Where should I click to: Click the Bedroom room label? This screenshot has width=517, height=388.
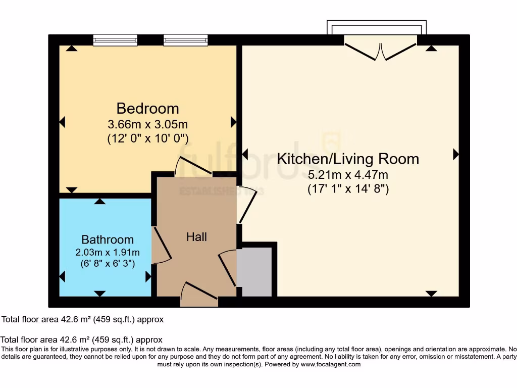pyautogui.click(x=147, y=108)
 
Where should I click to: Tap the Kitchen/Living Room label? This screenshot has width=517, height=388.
pyautogui.click(x=348, y=159)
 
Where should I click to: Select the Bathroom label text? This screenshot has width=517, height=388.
pyautogui.click(x=108, y=239)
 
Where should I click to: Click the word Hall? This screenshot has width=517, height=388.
pyautogui.click(x=196, y=236)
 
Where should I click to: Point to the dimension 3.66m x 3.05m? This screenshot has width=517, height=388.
pyautogui.click(x=148, y=124)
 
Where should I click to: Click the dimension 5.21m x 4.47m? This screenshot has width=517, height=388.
pyautogui.click(x=348, y=175)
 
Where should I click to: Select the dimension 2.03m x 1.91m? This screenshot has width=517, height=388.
pyautogui.click(x=108, y=252)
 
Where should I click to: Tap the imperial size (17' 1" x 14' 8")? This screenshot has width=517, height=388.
pyautogui.click(x=348, y=189)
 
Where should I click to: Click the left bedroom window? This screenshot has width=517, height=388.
pyautogui.click(x=115, y=40)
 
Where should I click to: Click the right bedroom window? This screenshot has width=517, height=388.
pyautogui.click(x=185, y=40)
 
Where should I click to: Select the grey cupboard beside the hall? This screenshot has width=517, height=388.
pyautogui.click(x=256, y=272)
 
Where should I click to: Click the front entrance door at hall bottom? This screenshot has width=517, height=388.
pyautogui.click(x=198, y=295)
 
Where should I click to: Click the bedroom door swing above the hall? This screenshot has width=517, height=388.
pyautogui.click(x=193, y=166)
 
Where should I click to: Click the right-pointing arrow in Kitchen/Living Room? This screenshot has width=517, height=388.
pyautogui.click(x=456, y=155)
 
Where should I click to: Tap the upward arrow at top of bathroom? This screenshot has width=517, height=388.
pyautogui.click(x=100, y=201)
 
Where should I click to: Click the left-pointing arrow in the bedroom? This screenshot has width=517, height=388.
pyautogui.click(x=63, y=122)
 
